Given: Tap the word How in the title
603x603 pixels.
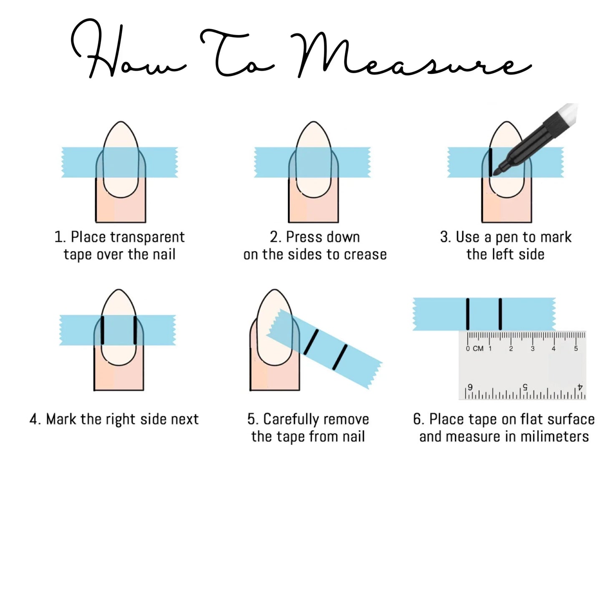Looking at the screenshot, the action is [x=128, y=50].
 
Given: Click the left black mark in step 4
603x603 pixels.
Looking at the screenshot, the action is [x=102, y=330].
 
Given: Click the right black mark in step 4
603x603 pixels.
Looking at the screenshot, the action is [x=135, y=330].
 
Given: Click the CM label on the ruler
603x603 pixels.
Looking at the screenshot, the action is [x=478, y=348].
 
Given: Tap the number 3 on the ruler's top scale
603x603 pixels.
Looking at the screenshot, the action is [x=532, y=348].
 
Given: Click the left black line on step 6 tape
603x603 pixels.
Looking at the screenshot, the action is [x=467, y=314].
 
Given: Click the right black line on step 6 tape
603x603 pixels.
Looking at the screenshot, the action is [x=500, y=314].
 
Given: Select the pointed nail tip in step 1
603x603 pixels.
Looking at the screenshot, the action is [x=121, y=122].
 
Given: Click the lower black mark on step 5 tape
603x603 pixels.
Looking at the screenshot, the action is [x=340, y=357].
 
